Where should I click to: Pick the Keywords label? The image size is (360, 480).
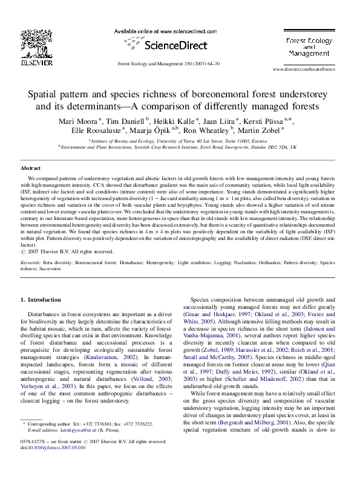(31, 263)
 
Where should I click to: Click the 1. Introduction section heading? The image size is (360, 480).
(41, 299)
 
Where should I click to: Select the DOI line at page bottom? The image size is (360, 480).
(53, 447)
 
